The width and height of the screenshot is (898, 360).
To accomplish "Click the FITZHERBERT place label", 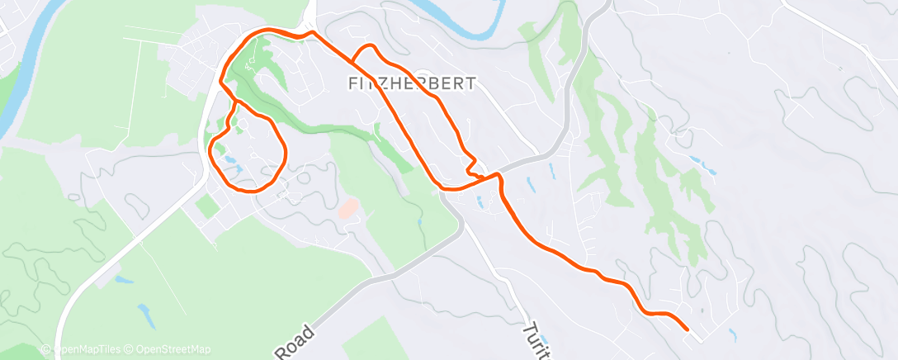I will [412, 83].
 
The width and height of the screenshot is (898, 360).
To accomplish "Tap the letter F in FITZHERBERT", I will [353, 83].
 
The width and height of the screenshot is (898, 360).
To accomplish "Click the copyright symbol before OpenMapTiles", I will [45, 349].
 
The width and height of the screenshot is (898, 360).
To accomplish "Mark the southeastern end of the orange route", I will [688, 329].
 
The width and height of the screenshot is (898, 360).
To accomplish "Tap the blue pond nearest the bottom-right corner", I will [733, 334].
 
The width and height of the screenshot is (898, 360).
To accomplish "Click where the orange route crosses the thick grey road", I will [498, 175].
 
